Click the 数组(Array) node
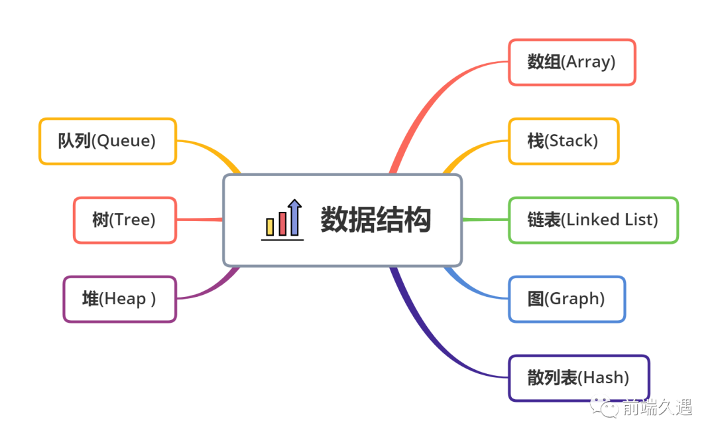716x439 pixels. point(571,62)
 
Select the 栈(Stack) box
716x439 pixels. point(564,141)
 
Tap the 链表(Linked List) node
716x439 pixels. point(593,220)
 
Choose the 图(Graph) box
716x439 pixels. point(567,299)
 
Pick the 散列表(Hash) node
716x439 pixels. point(579,378)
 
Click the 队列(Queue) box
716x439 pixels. point(107,141)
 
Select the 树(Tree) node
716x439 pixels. point(125,220)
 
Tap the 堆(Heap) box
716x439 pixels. point(120,299)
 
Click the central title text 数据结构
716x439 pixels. point(376,220)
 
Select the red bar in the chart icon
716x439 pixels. point(283,223)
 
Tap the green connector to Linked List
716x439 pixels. point(485,219)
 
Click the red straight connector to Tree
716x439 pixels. point(199,220)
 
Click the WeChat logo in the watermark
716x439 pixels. point(605,407)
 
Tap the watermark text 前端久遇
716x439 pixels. point(656,407)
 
